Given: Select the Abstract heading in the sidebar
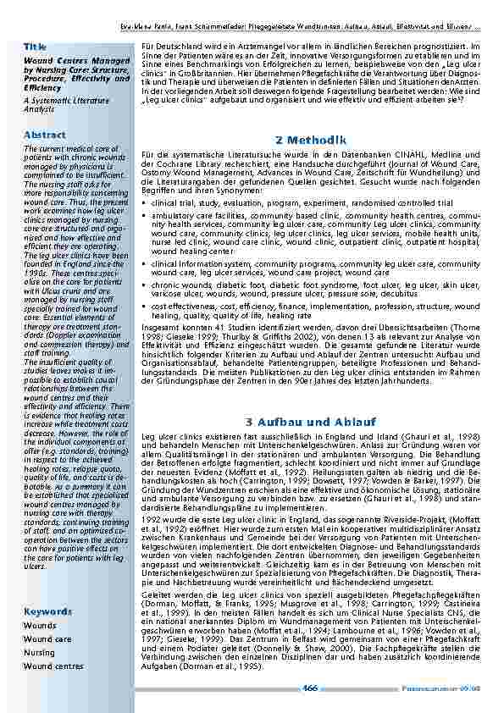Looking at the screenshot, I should (x=45, y=135).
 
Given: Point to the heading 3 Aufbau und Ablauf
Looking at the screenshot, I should (x=312, y=422).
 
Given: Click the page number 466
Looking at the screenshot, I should (x=311, y=688).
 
